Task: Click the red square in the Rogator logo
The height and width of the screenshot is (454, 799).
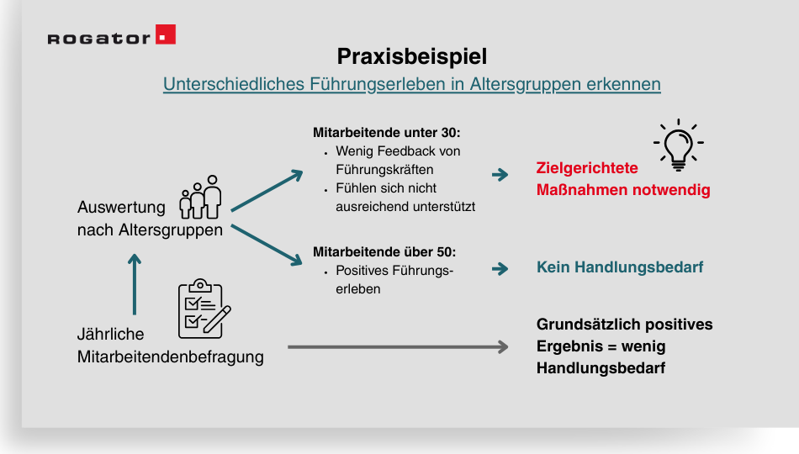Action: pos(166,34)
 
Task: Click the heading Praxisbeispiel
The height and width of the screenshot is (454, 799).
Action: pos(412,56)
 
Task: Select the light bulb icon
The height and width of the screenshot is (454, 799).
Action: pos(678,144)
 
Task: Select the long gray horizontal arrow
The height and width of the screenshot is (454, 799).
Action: pos(398,346)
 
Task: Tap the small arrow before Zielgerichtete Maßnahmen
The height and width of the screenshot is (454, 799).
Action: pos(500,175)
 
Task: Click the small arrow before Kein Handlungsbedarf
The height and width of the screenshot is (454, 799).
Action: pos(500,269)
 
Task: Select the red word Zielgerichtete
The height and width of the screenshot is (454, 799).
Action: pos(587,168)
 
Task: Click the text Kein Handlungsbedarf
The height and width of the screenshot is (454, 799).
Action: pos(620,267)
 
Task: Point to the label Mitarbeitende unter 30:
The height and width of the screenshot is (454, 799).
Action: pos(387,133)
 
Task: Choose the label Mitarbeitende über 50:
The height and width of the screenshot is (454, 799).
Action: pos(384,251)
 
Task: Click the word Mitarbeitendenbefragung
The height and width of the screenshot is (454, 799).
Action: pos(171,356)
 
